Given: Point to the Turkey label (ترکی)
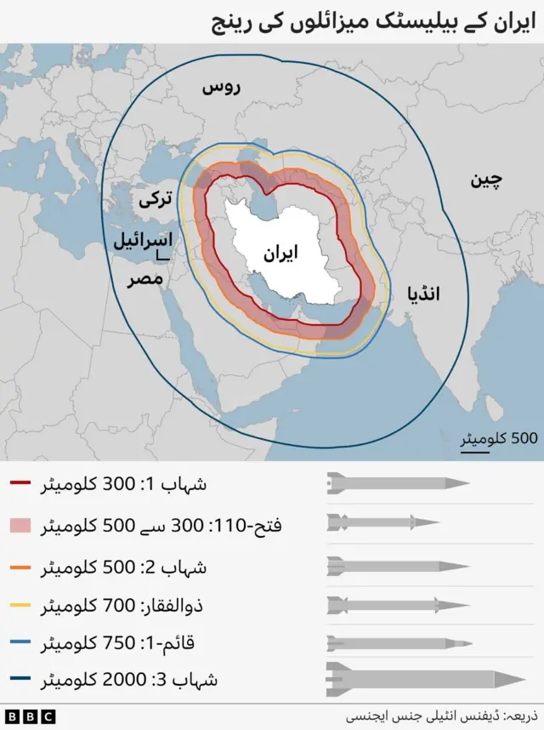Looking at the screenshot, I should (x=156, y=199).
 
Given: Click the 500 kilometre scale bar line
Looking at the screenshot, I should (x=475, y=450).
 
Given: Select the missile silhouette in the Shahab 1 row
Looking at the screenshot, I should (x=398, y=483).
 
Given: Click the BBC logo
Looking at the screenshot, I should (x=30, y=716).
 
